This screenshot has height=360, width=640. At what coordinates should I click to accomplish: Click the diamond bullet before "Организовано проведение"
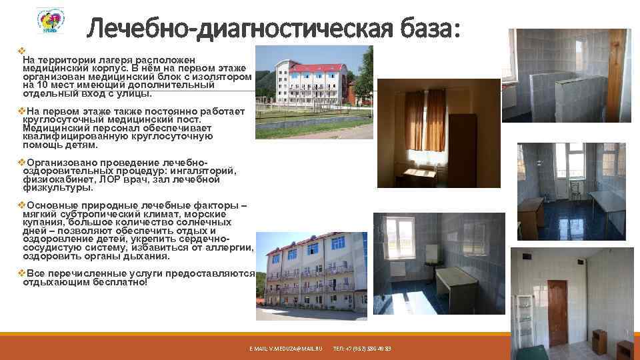[21, 162]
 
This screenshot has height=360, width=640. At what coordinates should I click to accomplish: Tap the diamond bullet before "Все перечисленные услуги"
[21, 273]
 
